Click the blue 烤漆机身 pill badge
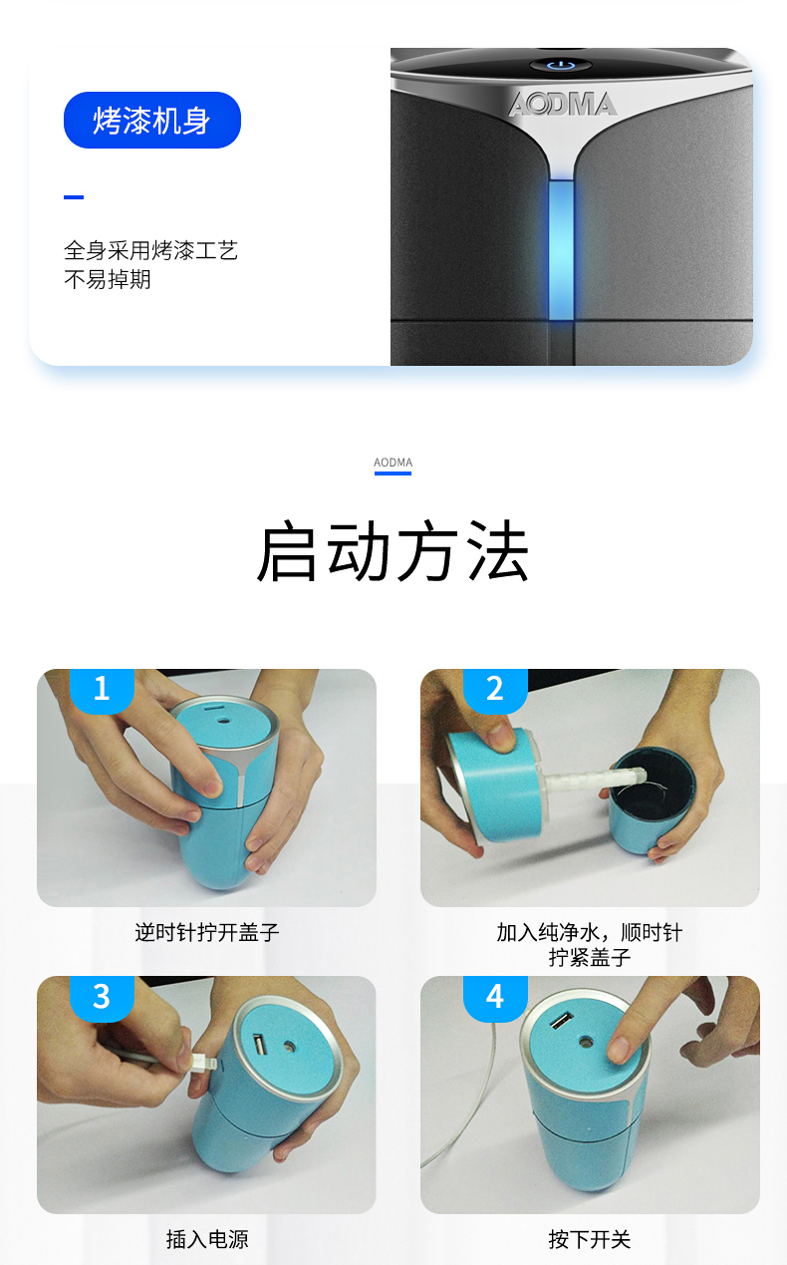(151, 121)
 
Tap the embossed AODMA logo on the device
(562, 105)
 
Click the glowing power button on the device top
(561, 66)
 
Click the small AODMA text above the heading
(393, 463)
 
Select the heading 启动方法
(393, 551)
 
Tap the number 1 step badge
(102, 690)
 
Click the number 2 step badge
(495, 690)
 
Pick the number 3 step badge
(102, 998)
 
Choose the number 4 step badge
(495, 998)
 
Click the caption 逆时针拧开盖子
(207, 932)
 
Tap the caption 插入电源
(207, 1239)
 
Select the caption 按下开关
(590, 1239)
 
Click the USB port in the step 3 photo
(260, 1044)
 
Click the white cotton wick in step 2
(593, 780)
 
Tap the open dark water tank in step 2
(653, 787)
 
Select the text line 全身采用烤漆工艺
(150, 250)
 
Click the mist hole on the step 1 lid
(224, 721)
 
